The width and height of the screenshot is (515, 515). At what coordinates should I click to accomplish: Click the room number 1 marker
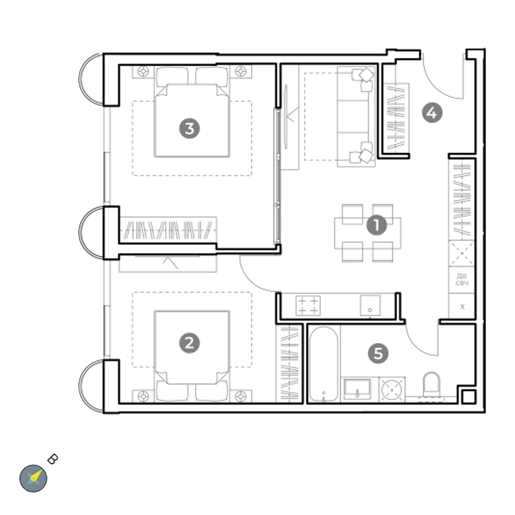click(377, 225)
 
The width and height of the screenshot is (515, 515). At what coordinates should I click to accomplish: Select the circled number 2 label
click(190, 343)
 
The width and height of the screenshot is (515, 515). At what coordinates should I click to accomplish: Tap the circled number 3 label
click(190, 128)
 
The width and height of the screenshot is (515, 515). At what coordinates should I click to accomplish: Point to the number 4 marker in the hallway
click(432, 113)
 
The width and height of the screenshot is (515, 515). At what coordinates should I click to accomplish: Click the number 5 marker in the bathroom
click(378, 353)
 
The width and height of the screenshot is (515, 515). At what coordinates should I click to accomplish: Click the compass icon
click(33, 478)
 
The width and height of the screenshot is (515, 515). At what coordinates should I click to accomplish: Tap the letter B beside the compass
click(53, 459)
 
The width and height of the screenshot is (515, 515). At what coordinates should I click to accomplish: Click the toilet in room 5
click(432, 384)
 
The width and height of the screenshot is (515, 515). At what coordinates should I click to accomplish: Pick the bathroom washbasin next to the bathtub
click(357, 389)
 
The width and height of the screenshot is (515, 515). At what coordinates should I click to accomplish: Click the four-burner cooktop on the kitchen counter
click(308, 305)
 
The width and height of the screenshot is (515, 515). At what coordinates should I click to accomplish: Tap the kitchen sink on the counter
click(370, 305)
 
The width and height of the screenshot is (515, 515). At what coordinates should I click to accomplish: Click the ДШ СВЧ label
click(462, 279)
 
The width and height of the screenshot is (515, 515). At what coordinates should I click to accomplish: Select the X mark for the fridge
click(462, 307)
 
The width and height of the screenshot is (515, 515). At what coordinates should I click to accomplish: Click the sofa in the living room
click(356, 117)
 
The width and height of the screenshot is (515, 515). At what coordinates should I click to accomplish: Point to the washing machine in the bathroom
click(392, 390)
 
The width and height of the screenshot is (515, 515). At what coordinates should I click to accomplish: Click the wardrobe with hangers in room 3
click(168, 229)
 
